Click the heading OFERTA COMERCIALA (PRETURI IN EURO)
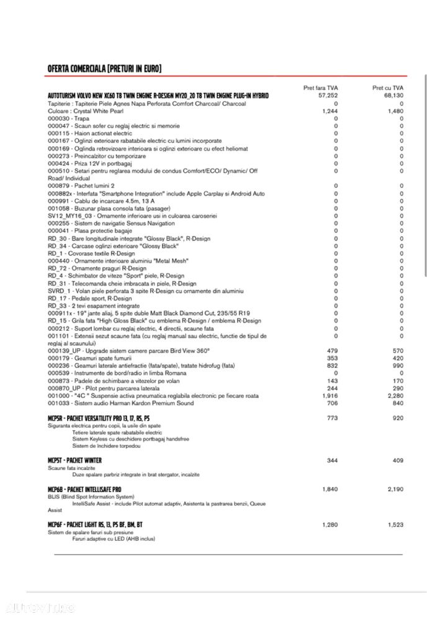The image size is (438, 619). point(104,68)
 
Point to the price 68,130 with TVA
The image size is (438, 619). point(393,96)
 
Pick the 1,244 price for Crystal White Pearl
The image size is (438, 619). point(330,111)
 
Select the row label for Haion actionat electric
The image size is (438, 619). point(90,133)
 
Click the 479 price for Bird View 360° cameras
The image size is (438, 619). point(332,351)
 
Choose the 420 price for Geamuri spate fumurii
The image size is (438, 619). point(398,358)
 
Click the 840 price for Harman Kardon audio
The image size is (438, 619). point(398,403)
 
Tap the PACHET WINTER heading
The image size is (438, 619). point(74,460)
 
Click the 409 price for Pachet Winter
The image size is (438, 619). point(398,460)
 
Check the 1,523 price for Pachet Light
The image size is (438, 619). point(395,525)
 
